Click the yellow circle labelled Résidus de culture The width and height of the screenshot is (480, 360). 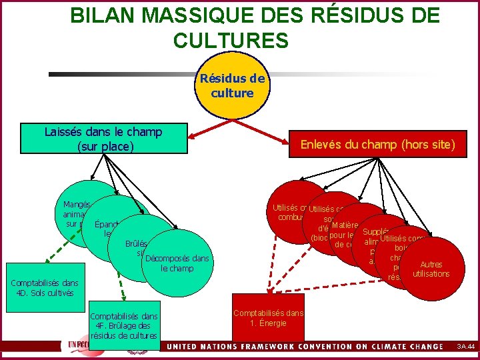[x=232, y=87]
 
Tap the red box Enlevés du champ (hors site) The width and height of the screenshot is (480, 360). [x=377, y=144]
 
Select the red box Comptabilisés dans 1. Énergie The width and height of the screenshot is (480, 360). [x=267, y=318]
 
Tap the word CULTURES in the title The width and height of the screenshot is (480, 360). [x=231, y=41]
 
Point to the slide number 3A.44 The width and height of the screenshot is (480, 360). [x=465, y=347]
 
